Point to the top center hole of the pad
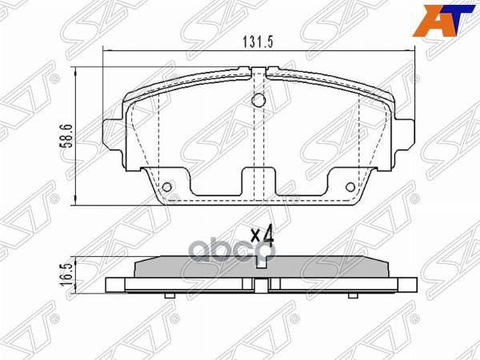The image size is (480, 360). tap(258, 102)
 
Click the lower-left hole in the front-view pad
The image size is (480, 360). tap(167, 188)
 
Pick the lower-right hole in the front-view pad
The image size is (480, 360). tap(350, 188)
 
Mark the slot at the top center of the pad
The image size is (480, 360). tap(258, 76)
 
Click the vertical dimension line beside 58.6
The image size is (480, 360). tap(76, 137)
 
